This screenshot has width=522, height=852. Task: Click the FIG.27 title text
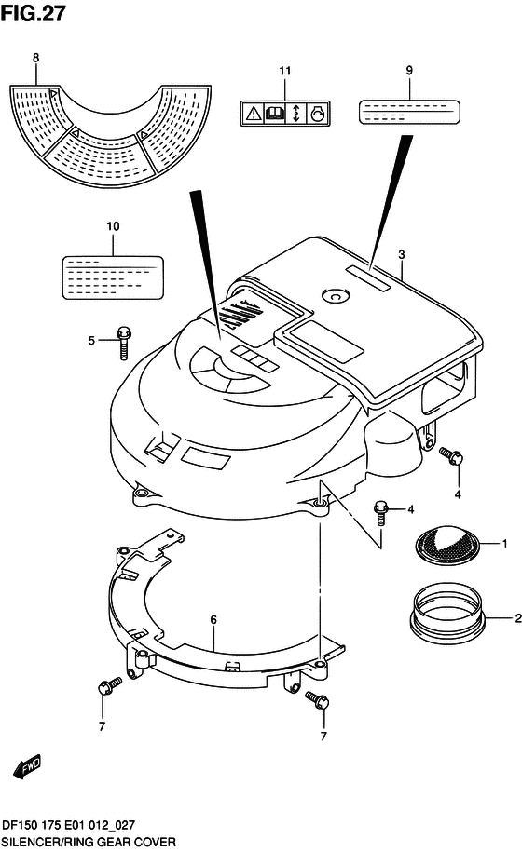click(34, 13)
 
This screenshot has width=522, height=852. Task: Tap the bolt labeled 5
click(123, 343)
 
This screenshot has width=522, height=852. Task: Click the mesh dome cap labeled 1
click(447, 545)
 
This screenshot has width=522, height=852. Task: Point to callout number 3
click(401, 254)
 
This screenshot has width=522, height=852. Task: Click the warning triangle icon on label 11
click(254, 114)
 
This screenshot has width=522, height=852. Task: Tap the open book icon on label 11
click(275, 114)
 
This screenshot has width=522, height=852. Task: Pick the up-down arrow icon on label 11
click(295, 114)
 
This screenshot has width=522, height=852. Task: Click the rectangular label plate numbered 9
click(409, 112)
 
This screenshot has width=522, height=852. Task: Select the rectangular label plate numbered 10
click(113, 277)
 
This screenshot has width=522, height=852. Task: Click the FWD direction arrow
click(27, 766)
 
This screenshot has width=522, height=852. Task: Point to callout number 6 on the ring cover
click(213, 619)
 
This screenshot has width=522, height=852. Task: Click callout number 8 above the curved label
click(35, 58)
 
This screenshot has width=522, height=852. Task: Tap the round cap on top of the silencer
click(334, 295)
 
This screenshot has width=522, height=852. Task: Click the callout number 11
click(285, 71)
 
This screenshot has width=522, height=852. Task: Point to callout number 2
click(518, 618)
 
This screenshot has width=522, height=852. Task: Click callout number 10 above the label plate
click(113, 226)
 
